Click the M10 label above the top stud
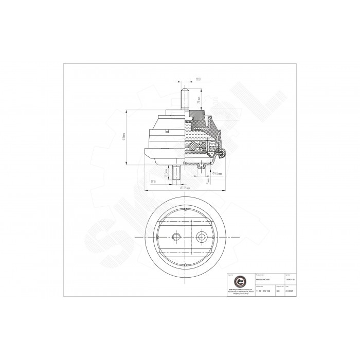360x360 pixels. tap(198, 80)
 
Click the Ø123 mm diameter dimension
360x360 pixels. tap(186, 188)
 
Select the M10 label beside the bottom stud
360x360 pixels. tap(154, 182)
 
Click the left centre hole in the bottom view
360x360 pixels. tap(176, 237)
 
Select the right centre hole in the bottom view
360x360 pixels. tap(201, 237)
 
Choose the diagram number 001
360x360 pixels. tap(278, 291)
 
